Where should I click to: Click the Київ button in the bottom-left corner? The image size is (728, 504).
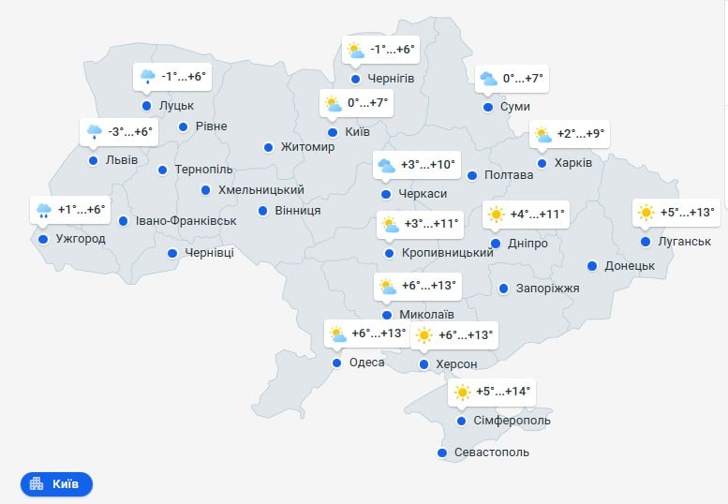(x=56, y=483)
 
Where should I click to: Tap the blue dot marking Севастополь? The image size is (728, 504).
(x=442, y=452)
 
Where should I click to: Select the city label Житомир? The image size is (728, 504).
(x=307, y=147)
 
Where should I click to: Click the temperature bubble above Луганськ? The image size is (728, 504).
(x=674, y=213)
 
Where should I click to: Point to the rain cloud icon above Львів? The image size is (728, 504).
(x=94, y=132)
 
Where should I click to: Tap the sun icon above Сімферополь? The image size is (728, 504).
(x=462, y=393)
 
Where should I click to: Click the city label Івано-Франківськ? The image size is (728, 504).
(x=186, y=221)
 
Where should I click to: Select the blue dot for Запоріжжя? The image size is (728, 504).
(x=504, y=288)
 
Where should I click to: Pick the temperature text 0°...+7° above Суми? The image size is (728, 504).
(x=523, y=79)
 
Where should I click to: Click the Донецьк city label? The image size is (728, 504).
(x=630, y=266)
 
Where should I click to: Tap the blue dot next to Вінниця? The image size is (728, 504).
(x=263, y=210)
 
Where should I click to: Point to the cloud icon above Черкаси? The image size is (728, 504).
(x=386, y=166)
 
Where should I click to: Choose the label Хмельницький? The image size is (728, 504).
(x=260, y=190)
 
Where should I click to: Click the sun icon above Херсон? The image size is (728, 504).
(x=424, y=335)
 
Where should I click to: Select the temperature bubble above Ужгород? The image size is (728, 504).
(x=70, y=210)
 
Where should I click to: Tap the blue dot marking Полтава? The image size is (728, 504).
(x=472, y=175)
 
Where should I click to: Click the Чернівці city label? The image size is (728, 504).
(x=209, y=253)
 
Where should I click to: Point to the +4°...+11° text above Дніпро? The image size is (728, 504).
(x=538, y=215)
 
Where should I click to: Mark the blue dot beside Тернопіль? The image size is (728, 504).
(x=162, y=170)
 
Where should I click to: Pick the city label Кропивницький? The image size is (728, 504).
(x=447, y=253)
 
